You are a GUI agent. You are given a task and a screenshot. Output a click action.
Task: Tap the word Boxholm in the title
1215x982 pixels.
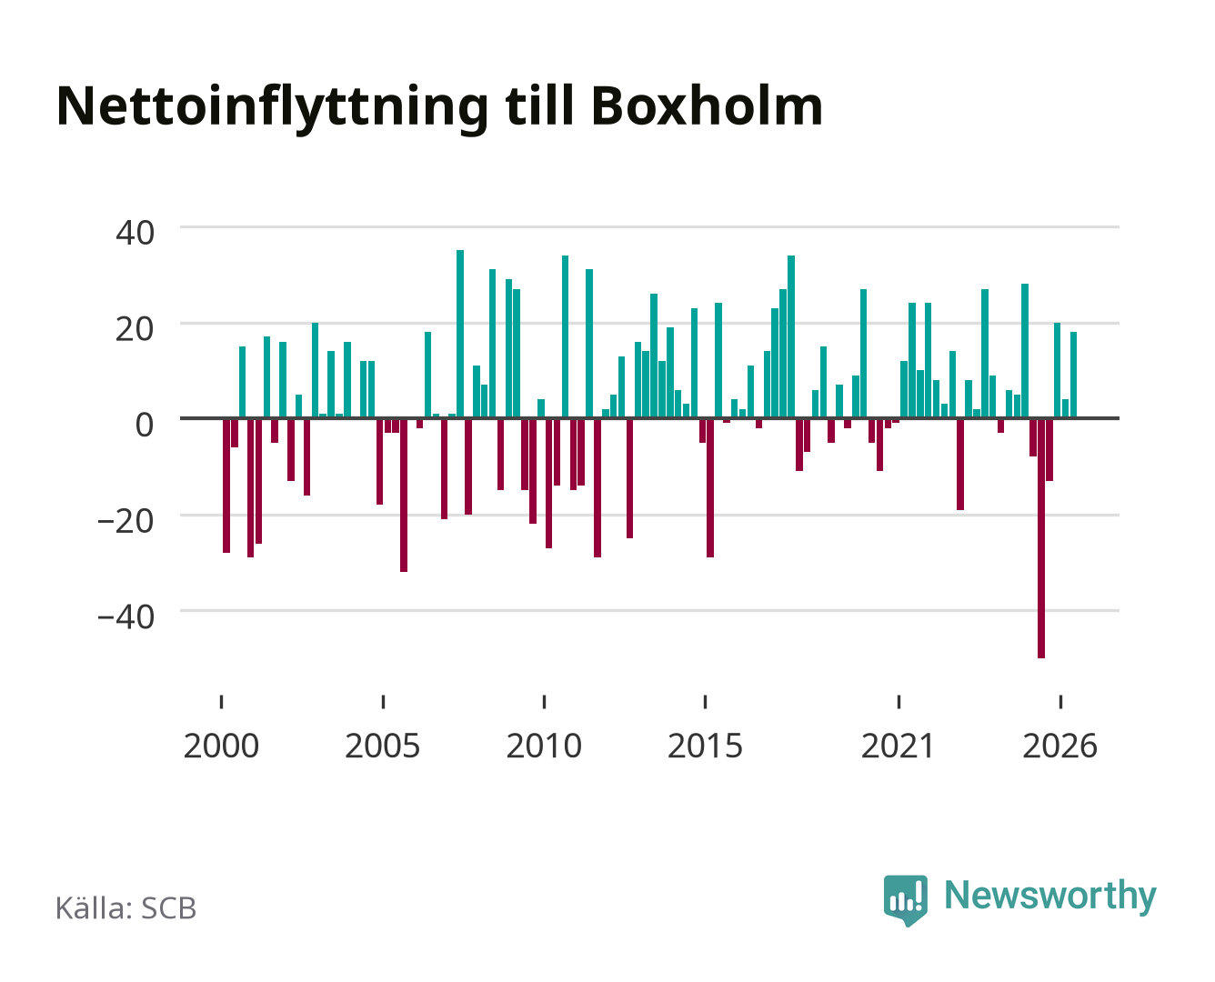tap(707, 105)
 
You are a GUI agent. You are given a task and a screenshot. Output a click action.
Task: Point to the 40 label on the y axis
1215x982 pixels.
tap(135, 233)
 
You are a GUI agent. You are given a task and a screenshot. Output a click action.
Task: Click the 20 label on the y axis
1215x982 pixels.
tap(135, 329)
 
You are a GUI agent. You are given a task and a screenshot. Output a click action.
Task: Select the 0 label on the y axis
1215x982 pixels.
tap(145, 425)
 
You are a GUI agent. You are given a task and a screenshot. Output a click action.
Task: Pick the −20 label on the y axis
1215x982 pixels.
tap(126, 521)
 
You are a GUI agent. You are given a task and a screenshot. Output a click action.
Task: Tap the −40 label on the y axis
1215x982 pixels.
tap(126, 617)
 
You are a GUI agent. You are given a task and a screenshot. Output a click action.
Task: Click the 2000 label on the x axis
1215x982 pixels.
tap(221, 746)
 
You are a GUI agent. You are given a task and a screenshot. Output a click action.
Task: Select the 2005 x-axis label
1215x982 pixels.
tap(383, 746)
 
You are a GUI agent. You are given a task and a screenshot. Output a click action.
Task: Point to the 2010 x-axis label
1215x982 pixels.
tap(544, 746)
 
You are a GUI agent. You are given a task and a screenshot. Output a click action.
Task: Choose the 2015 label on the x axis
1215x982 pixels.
tap(705, 746)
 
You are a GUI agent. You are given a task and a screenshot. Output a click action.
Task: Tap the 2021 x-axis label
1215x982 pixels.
tap(899, 746)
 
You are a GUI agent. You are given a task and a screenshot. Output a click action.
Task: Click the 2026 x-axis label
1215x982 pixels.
tap(1059, 746)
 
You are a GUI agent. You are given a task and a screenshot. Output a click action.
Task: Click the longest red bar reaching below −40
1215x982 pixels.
tap(1041, 538)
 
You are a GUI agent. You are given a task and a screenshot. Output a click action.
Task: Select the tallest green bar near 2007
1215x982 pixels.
tap(460, 334)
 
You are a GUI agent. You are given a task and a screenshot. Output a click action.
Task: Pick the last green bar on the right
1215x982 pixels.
tap(1073, 375)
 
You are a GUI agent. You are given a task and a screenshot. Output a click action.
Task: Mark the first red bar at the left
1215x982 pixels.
tap(226, 486)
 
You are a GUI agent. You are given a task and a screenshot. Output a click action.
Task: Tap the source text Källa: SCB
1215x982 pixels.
tap(126, 907)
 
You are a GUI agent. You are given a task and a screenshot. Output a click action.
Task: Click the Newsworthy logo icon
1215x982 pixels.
tap(905, 900)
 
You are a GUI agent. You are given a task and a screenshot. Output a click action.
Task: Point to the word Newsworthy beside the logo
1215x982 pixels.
tap(1050, 897)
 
